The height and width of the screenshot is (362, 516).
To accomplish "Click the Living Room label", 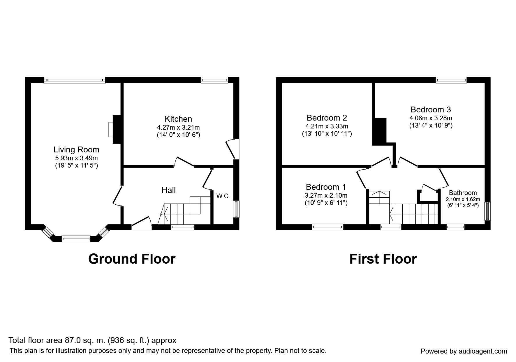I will (x=76, y=150).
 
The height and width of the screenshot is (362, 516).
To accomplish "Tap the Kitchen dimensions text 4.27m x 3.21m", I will (x=178, y=128).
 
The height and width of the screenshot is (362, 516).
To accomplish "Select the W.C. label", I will (x=223, y=196).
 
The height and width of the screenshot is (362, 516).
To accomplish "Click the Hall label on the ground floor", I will (x=168, y=190).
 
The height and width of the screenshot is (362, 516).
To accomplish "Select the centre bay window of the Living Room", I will (x=76, y=239).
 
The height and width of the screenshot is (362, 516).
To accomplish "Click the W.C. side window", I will (x=236, y=209).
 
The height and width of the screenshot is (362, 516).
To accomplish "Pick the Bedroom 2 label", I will (x=327, y=118).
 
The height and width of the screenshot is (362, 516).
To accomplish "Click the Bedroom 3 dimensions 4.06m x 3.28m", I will (x=431, y=118).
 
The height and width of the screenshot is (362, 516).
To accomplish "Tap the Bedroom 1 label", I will (x=326, y=187).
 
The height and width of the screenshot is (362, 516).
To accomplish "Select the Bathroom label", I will (x=463, y=193).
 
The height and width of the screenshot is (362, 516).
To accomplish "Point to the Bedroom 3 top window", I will (x=451, y=80).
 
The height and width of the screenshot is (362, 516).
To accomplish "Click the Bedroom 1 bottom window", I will (x=327, y=227).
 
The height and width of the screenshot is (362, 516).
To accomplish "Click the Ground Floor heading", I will (x=132, y=259).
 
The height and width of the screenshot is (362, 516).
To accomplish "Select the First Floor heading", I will (x=383, y=259).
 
